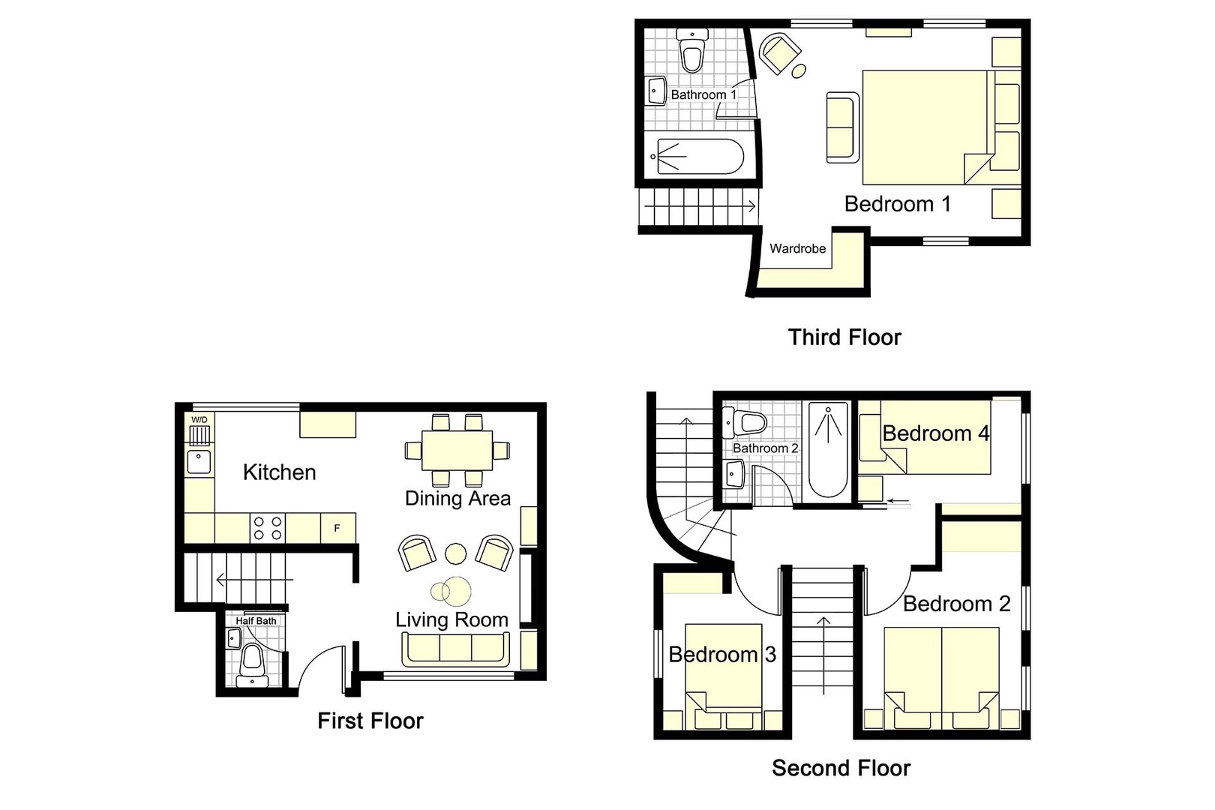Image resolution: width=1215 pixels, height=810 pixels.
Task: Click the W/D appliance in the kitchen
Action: [199, 431]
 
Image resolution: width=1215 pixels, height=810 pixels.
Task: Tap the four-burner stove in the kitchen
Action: [268, 528]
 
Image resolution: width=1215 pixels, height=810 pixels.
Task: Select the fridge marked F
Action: [337, 528]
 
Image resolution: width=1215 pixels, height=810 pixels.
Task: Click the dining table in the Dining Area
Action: [457, 450]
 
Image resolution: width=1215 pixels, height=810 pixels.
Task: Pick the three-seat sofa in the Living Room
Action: [456, 649]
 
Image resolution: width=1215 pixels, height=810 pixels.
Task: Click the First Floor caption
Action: [370, 721]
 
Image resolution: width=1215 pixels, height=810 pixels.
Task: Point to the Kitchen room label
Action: [279, 472]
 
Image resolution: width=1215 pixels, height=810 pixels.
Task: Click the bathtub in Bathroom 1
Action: [699, 157]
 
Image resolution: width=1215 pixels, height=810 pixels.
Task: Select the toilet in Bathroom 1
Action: [691, 51]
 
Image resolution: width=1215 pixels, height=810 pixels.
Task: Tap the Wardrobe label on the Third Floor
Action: [797, 248]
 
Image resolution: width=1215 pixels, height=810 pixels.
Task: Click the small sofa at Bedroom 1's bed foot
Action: [843, 127]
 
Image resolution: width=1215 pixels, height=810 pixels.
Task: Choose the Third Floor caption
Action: [844, 337]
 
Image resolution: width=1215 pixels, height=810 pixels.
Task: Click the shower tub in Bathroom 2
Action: [828, 450]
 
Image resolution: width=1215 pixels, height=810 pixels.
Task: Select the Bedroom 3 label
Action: [721, 655]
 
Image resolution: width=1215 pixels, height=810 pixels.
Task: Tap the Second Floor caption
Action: [841, 768]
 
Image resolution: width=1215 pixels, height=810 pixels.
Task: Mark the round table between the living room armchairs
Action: [456, 553]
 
